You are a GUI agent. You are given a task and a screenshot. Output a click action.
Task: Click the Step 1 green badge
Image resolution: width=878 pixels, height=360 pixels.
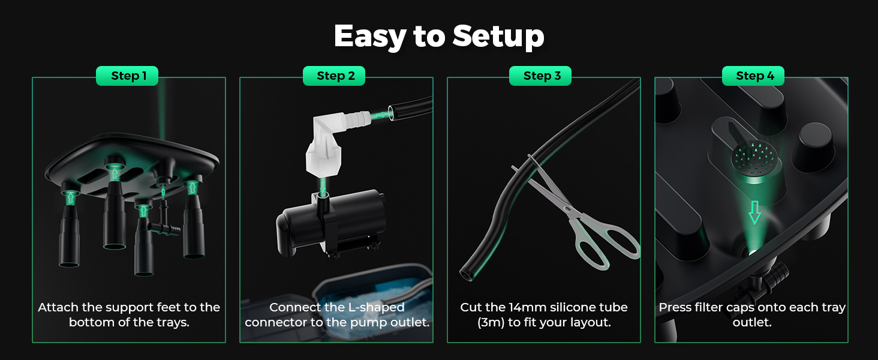(127, 76)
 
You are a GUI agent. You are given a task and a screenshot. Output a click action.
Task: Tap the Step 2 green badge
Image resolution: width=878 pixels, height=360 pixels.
(334, 76)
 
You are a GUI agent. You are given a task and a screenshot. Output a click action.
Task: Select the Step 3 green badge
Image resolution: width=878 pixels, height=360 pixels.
(540, 76)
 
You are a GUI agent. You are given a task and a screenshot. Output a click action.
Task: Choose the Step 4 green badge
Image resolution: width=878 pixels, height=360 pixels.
(753, 76)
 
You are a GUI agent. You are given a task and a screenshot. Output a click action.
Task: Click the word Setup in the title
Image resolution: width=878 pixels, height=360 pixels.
(498, 36)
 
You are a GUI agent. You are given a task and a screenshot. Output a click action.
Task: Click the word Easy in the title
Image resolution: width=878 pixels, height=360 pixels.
(370, 37)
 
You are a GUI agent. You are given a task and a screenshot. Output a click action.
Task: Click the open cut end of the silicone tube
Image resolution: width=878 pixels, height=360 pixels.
(466, 274)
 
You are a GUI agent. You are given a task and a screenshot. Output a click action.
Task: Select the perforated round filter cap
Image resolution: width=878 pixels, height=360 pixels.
(753, 161)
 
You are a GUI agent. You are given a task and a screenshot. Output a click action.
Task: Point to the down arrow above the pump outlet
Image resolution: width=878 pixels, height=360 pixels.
(323, 188)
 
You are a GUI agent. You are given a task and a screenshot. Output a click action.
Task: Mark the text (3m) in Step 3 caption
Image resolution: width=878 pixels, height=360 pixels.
(491, 323)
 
